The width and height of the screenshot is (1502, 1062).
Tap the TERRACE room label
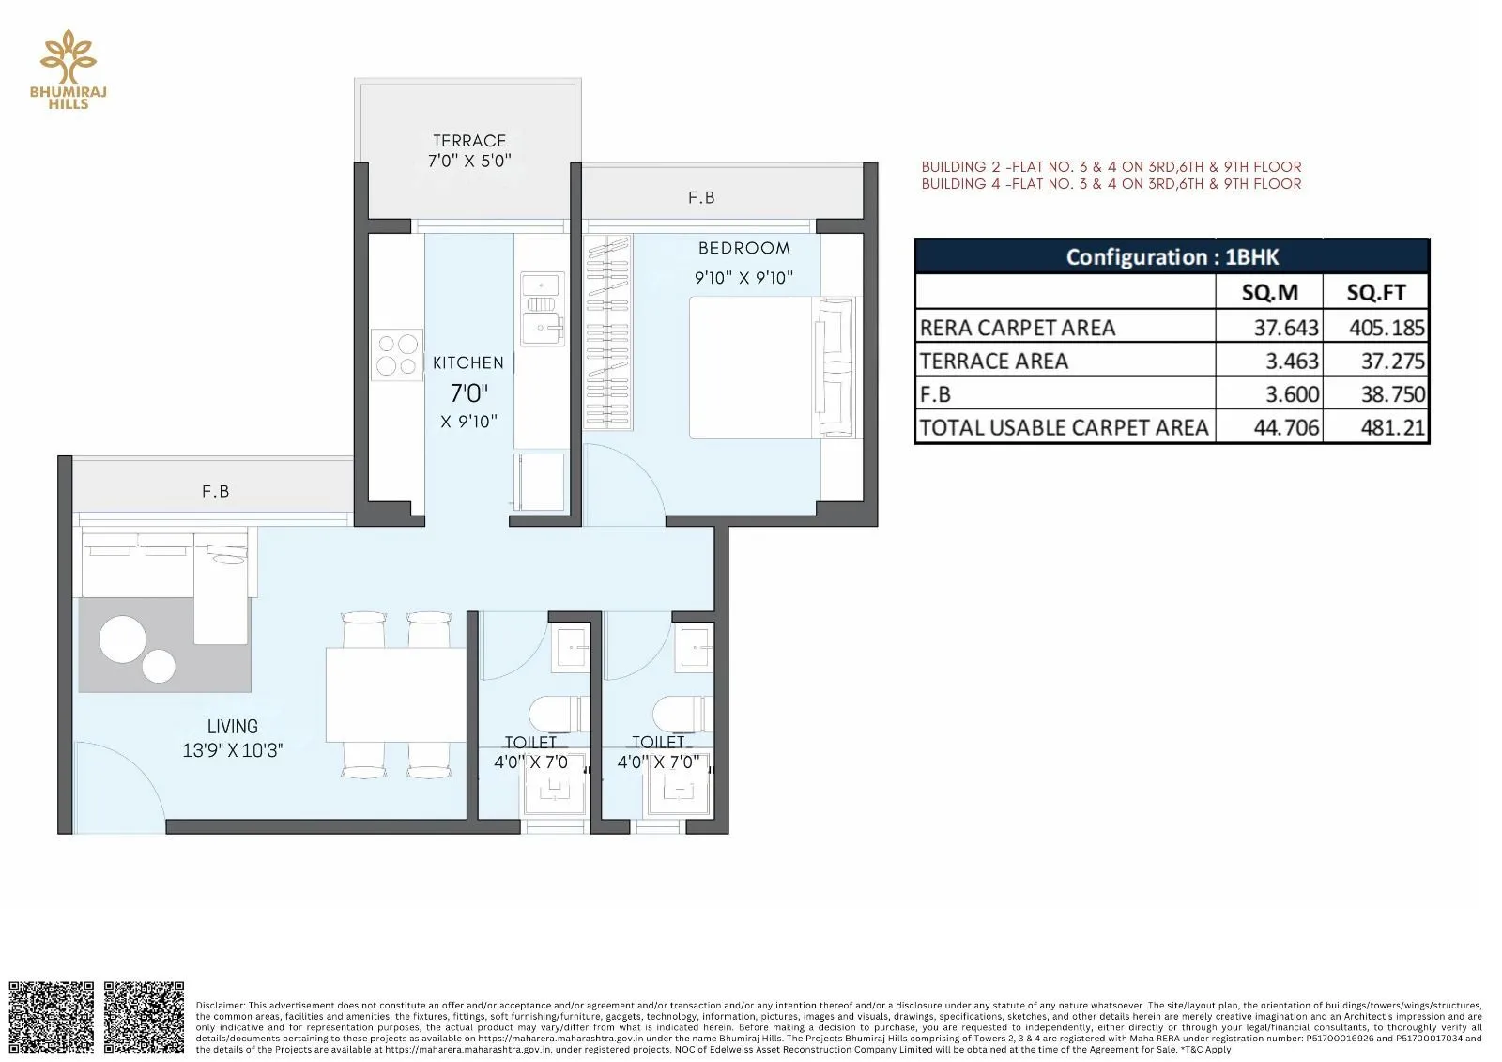[x=469, y=141]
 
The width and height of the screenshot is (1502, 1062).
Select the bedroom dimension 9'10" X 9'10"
[x=743, y=278]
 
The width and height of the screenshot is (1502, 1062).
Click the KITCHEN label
[x=468, y=362]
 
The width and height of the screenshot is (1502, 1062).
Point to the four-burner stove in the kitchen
[x=397, y=354]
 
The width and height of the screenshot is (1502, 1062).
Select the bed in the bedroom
[x=772, y=367]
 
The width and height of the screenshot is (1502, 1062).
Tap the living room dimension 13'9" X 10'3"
[x=233, y=750]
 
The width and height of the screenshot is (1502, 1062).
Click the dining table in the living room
[x=396, y=694]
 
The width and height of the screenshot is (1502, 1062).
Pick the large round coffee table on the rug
[x=122, y=639]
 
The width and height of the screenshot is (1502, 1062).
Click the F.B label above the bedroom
[x=701, y=197]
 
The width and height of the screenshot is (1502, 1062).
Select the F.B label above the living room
[x=216, y=491]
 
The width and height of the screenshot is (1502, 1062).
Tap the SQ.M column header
[x=1269, y=292]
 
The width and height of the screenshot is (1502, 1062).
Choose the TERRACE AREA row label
[x=994, y=362]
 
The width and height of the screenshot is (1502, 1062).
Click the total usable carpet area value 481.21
[x=1393, y=428]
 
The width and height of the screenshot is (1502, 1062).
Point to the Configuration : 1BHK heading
[x=1172, y=256]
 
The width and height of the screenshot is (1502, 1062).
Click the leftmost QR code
[x=52, y=1017]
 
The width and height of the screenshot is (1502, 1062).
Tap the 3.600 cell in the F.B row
[x=1292, y=394]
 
